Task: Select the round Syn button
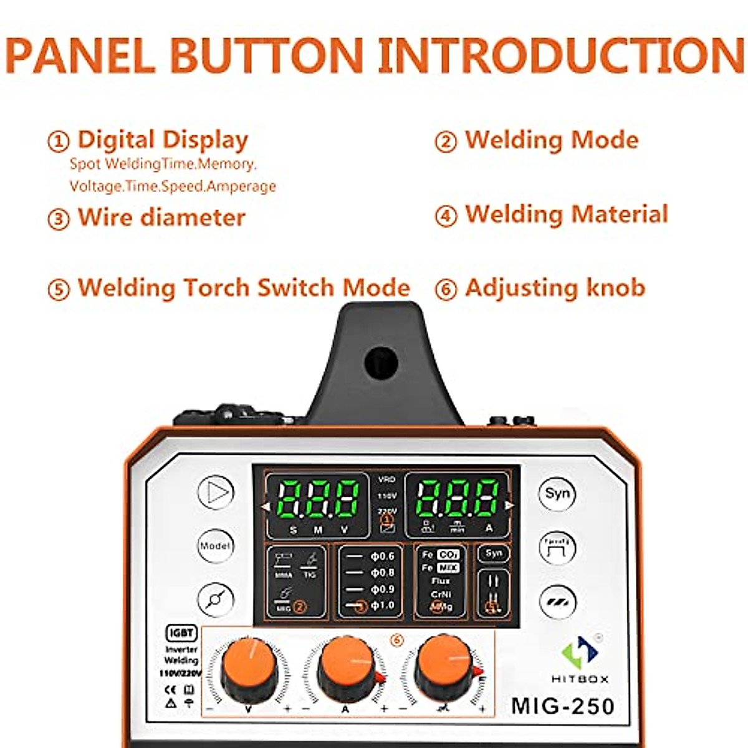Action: point(557,494)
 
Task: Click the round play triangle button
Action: point(216,492)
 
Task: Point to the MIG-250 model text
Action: point(563,706)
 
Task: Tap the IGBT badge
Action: point(181,633)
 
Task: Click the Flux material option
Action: point(441,581)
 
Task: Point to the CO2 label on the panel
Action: point(448,554)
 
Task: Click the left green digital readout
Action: point(318,499)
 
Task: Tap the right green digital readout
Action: point(457,499)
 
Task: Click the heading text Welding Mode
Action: point(552,140)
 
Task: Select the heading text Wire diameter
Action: point(161,218)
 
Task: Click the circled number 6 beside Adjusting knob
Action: point(446,289)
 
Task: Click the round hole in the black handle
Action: point(381,363)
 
